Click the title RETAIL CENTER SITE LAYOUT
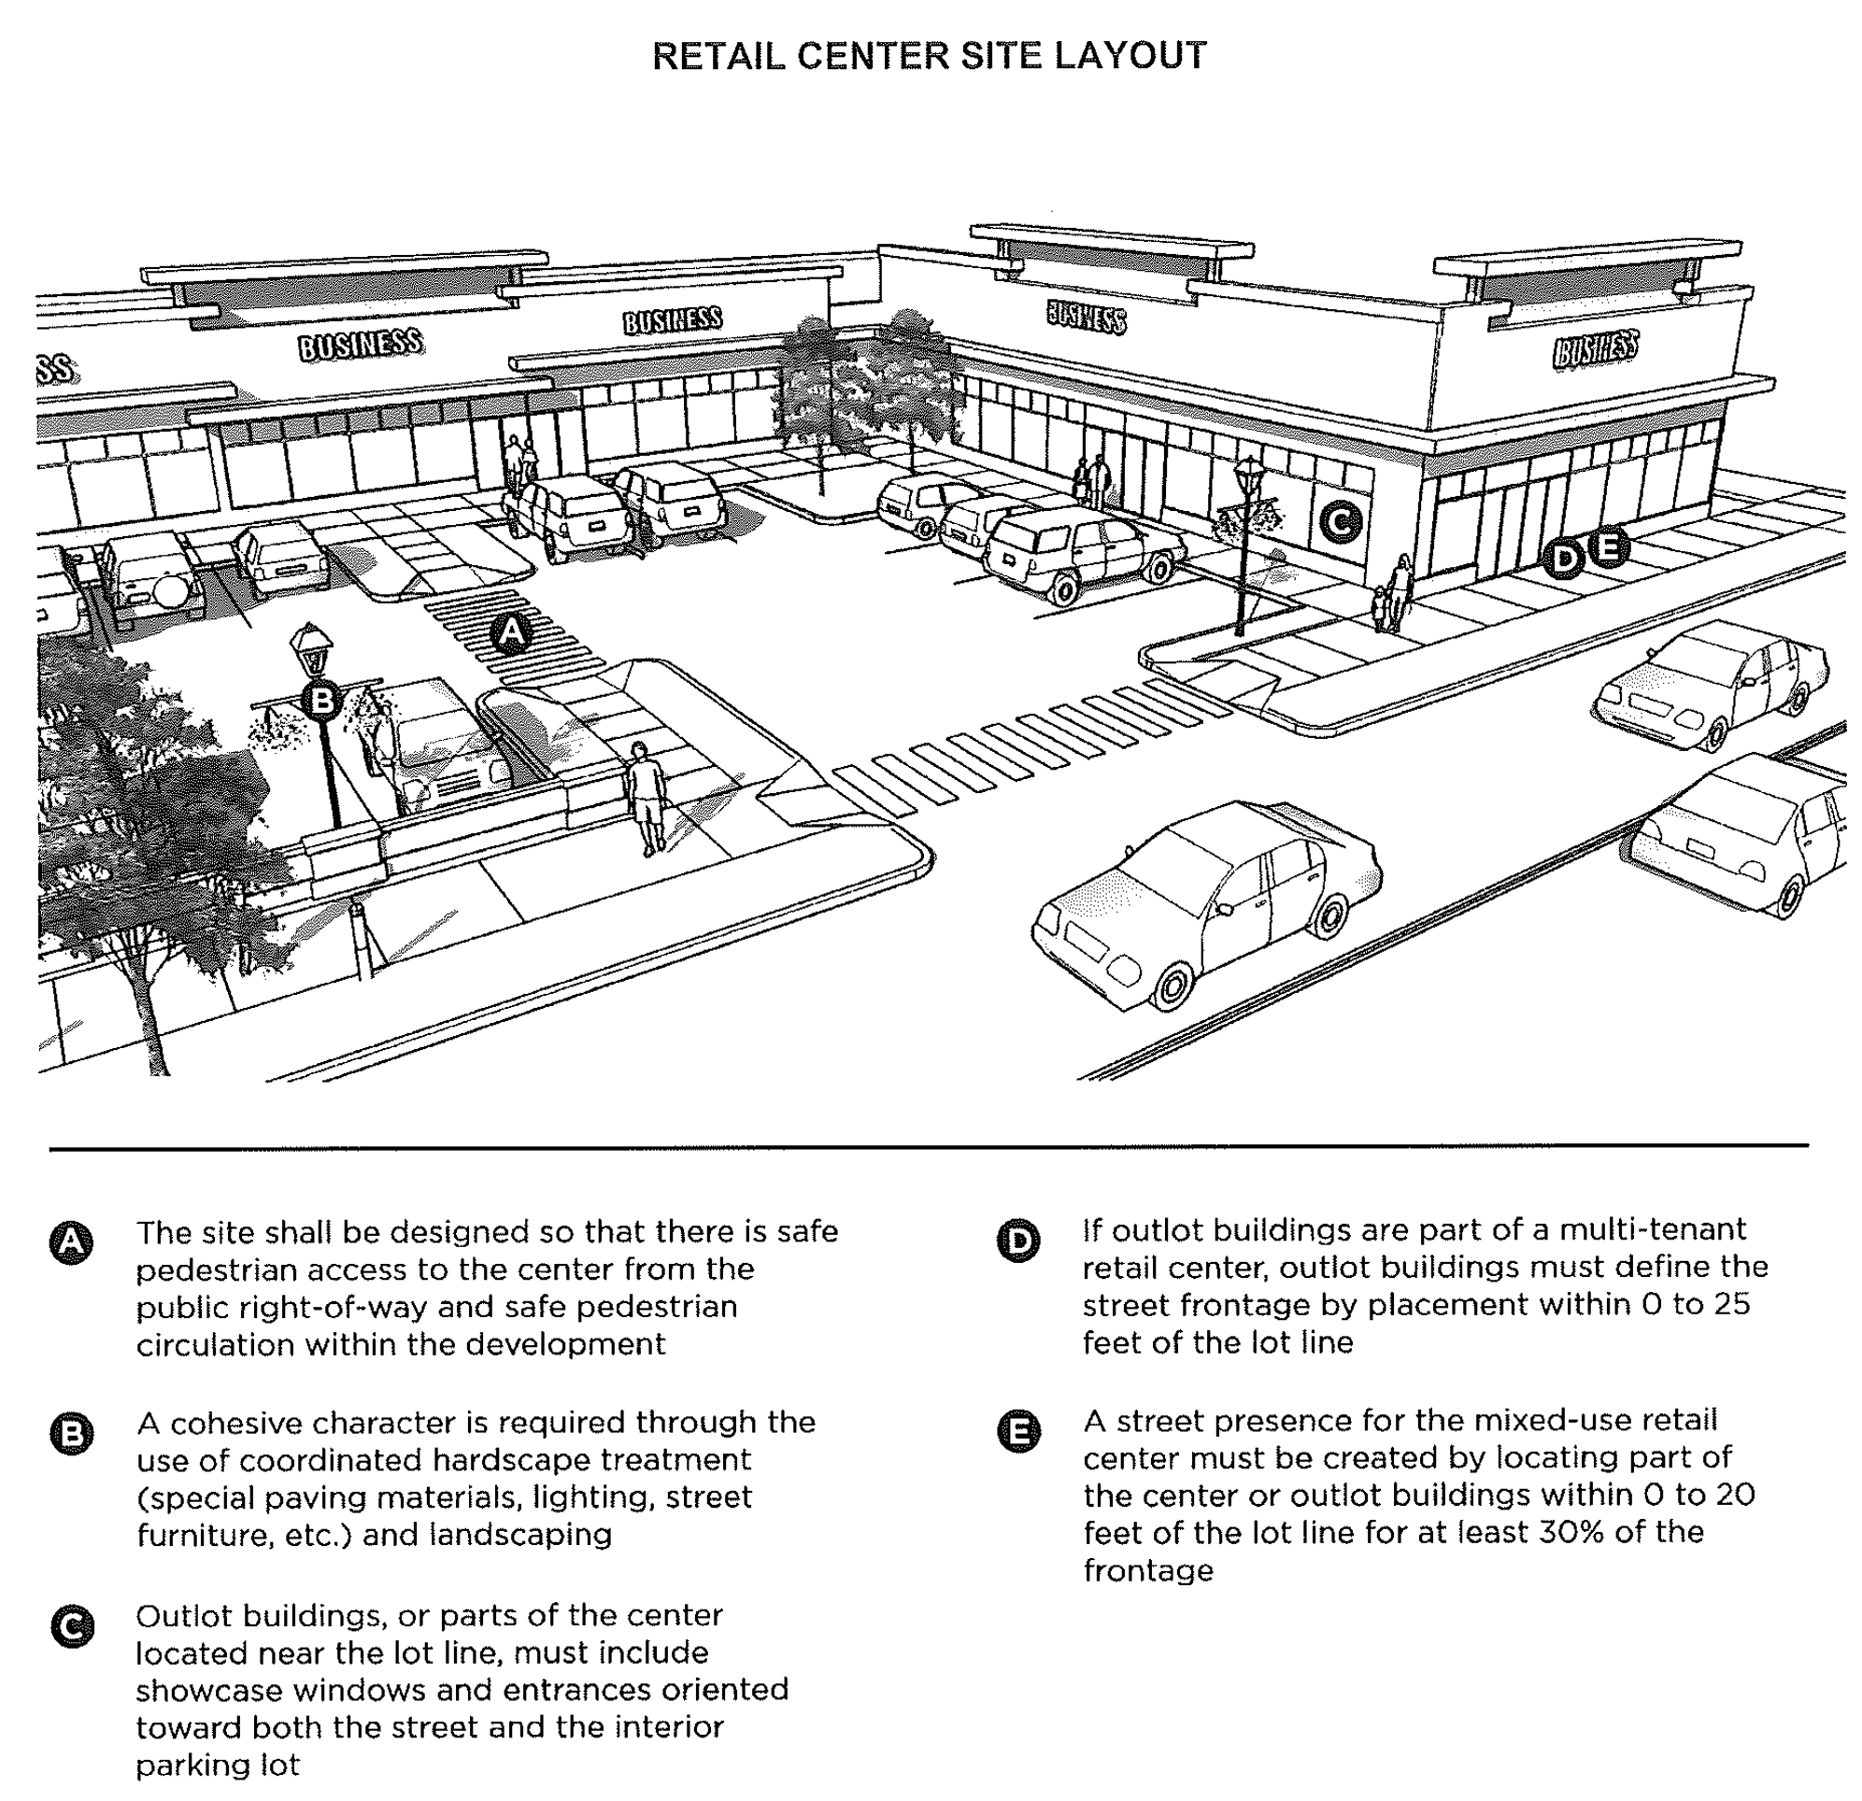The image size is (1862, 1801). [x=929, y=56]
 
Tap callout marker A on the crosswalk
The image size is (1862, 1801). [x=511, y=632]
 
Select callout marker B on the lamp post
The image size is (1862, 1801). [x=322, y=701]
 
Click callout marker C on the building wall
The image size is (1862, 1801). [x=1341, y=520]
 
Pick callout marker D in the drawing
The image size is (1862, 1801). [x=1563, y=559]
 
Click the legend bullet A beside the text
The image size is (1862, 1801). [x=71, y=1243]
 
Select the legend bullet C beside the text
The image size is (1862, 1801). [x=71, y=1627]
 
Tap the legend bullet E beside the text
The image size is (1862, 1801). [x=1018, y=1431]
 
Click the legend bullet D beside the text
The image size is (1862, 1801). [x=1018, y=1241]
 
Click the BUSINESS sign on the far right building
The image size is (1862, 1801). [x=1595, y=349]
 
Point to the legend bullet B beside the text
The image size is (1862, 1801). [x=71, y=1433]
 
